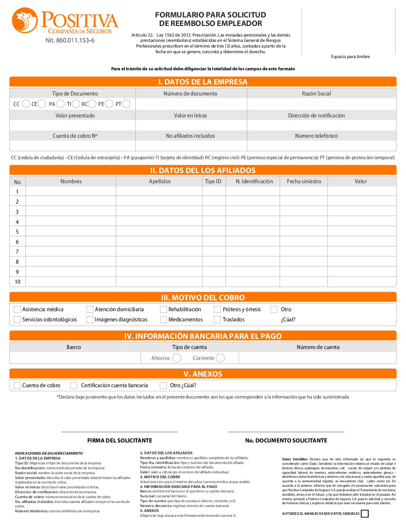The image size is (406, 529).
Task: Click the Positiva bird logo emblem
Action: point(25,20)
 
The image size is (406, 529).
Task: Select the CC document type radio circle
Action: point(26,104)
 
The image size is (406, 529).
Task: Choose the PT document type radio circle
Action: point(127,104)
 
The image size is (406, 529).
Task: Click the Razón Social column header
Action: point(316,93)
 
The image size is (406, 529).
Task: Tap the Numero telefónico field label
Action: point(316,136)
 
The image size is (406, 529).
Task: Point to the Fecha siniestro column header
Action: point(304,181)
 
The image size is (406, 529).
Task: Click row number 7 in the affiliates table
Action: point(17,252)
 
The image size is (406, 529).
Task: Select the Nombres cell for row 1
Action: point(71,191)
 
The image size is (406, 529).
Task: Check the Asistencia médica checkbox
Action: point(17,310)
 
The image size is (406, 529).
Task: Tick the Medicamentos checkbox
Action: point(164,320)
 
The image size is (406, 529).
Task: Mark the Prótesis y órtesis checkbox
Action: point(217,310)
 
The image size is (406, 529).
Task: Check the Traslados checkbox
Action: point(217,320)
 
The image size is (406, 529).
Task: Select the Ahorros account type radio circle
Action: point(177,358)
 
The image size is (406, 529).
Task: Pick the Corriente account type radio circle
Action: point(220,358)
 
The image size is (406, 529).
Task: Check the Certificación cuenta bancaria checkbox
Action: point(73,385)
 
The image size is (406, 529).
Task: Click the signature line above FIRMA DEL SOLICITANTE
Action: point(120,431)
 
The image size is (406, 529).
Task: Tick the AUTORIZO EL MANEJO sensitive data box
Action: point(365,514)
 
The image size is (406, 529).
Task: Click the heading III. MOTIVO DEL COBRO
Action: point(203,297)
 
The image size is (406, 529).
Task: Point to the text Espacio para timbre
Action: point(350,56)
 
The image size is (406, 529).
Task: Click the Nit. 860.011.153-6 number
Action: point(70,40)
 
